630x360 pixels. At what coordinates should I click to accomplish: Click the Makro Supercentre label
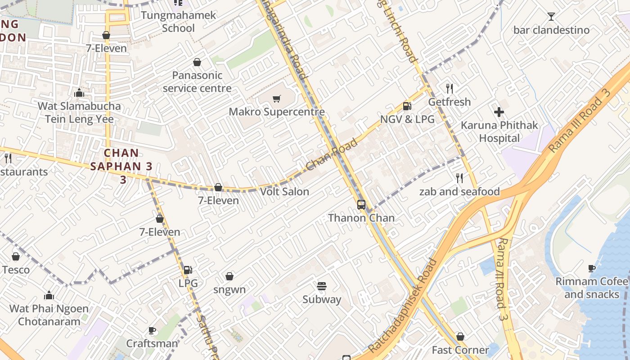click(x=277, y=112)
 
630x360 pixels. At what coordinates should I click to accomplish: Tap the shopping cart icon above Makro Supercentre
click(x=277, y=99)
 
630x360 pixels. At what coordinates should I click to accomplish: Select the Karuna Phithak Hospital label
click(x=499, y=131)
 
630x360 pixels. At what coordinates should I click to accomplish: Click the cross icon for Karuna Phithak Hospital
click(x=499, y=112)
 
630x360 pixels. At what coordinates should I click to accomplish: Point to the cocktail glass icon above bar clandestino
click(x=551, y=17)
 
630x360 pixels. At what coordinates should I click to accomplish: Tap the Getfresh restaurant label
click(x=449, y=102)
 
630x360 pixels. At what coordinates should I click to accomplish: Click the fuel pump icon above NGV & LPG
click(x=407, y=106)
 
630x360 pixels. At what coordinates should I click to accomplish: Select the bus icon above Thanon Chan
click(x=361, y=205)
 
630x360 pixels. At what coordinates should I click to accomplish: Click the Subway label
click(x=322, y=299)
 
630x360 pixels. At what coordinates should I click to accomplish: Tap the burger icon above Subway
click(x=321, y=286)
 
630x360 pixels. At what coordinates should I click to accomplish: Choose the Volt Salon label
click(x=284, y=192)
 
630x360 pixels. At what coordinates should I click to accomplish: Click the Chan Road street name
click(x=332, y=155)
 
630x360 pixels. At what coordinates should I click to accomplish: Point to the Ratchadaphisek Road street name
click(x=402, y=306)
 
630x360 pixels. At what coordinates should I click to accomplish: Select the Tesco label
click(x=16, y=270)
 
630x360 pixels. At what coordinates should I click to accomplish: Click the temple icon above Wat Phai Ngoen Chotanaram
click(x=49, y=296)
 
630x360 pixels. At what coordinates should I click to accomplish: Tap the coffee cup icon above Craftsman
click(x=152, y=331)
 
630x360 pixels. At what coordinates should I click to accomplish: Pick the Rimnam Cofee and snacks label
click(x=592, y=288)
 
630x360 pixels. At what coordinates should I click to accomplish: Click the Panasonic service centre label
click(x=197, y=81)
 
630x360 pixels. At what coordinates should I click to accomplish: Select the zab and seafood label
click(x=459, y=192)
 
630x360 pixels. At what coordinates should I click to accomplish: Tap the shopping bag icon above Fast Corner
click(x=460, y=337)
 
